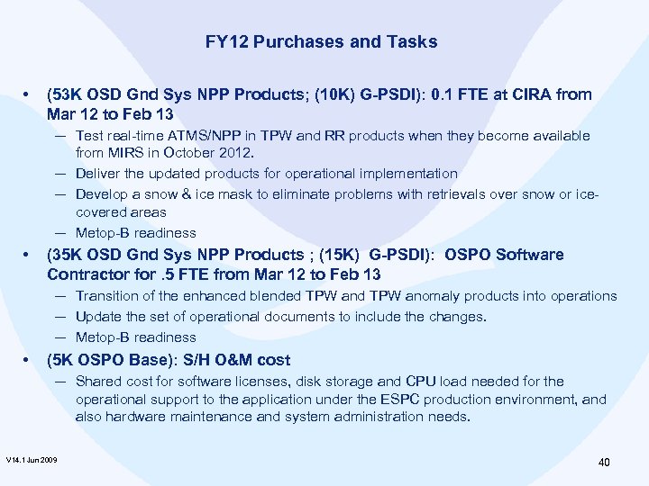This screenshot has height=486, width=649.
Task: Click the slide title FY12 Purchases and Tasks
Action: coord(321,41)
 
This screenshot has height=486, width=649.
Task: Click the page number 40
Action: coord(604,463)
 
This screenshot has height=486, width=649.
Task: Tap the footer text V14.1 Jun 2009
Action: coord(32,461)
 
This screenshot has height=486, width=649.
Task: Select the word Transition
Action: coord(107,296)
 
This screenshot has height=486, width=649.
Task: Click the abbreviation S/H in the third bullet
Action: coord(178,360)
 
